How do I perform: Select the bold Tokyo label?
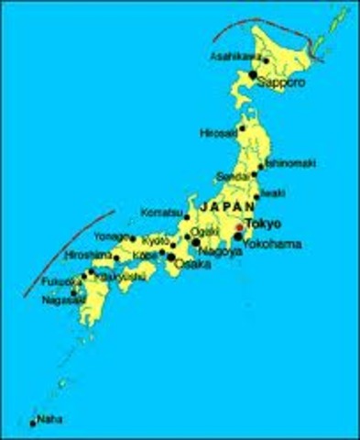(x=265, y=223)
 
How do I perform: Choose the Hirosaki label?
(x=219, y=132)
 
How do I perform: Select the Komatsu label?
(x=162, y=213)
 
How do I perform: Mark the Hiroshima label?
(x=91, y=254)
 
